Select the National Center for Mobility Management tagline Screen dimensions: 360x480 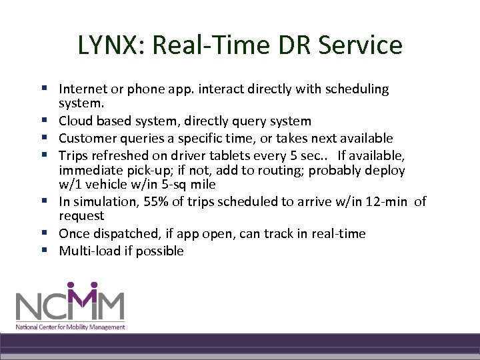71,327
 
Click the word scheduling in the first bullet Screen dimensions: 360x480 357,89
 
